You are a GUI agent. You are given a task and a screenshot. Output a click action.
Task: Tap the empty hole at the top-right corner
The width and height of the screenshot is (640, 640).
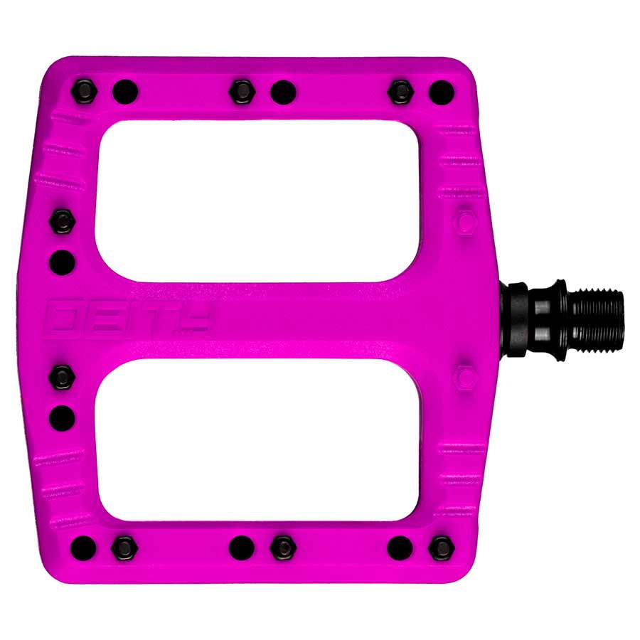pos(441,91)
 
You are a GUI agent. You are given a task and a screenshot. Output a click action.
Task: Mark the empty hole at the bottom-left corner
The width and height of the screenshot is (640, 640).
pos(84,546)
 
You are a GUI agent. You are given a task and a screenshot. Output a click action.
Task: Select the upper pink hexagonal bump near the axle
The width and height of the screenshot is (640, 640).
pos(466,222)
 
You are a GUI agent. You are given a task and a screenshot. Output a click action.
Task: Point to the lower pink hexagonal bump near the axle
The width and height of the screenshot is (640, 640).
pos(466,375)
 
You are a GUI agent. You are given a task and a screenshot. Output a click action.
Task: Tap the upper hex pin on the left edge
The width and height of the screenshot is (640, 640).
pos(63,221)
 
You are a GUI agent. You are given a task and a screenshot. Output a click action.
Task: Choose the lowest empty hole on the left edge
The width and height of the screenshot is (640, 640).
pos(63,417)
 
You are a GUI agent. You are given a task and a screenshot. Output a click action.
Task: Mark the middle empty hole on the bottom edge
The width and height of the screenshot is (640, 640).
pos(242,546)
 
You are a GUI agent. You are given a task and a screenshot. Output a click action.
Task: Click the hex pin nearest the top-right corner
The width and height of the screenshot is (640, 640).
pos(401,90)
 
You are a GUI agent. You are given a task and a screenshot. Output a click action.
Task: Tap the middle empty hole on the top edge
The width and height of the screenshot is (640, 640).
pos(283,91)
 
